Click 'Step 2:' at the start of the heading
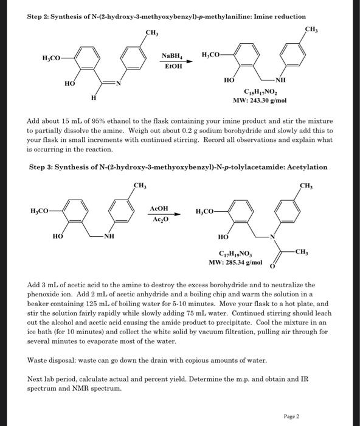tap(41, 16)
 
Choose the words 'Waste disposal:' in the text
tap(52, 360)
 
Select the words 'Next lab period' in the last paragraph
tap(52, 379)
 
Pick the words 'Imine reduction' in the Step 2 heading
tap(280, 16)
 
